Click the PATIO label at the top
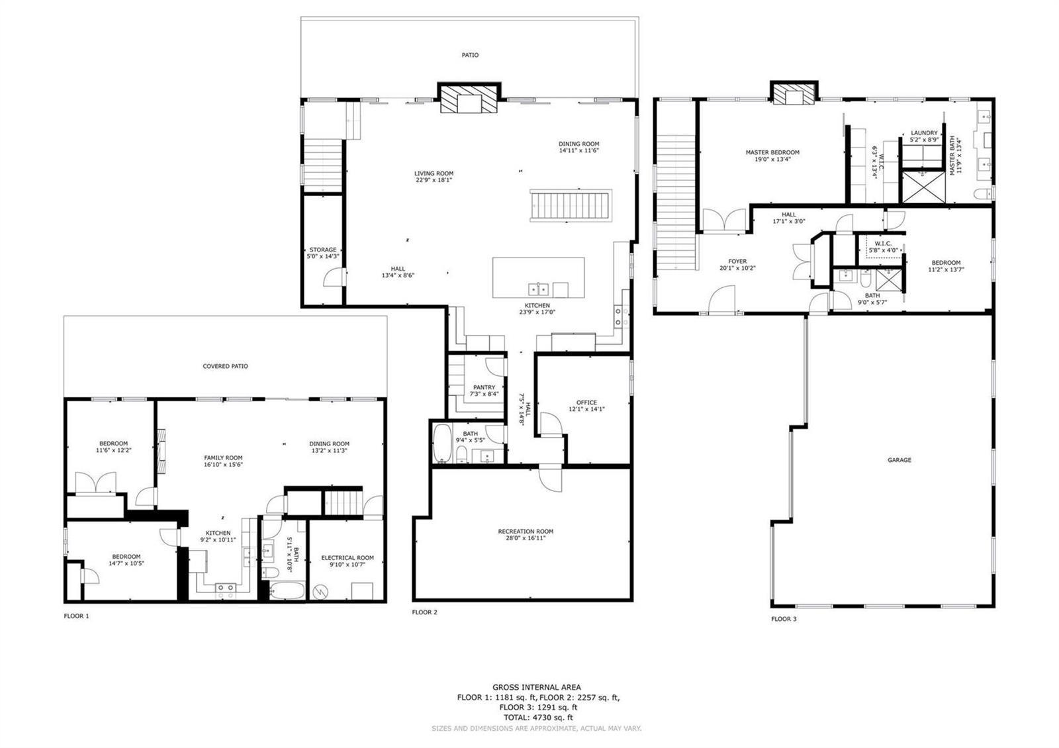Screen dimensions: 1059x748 tap(470, 56)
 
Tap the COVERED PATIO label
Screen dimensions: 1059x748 tap(225, 366)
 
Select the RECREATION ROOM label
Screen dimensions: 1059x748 tap(526, 532)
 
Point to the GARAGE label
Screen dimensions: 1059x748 tap(899, 459)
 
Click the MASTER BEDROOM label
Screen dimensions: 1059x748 tap(772, 152)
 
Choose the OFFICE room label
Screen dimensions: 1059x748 tap(586, 402)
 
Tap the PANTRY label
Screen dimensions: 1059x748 tap(484, 387)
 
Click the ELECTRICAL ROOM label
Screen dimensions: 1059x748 tap(347, 558)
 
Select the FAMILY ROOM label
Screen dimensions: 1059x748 tap(223, 457)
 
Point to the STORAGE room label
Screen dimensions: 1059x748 tap(323, 250)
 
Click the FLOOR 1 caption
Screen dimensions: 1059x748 tap(76, 616)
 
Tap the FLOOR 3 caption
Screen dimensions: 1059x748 tap(784, 619)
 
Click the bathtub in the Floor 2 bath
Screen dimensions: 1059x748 tap(443, 443)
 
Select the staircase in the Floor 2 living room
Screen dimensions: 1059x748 tap(571, 205)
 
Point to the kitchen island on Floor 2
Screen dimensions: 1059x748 tap(539, 277)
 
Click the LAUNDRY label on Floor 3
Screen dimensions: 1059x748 tap(924, 133)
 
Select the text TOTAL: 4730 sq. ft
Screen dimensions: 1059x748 tap(538, 718)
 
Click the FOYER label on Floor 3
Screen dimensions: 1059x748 tap(737, 261)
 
